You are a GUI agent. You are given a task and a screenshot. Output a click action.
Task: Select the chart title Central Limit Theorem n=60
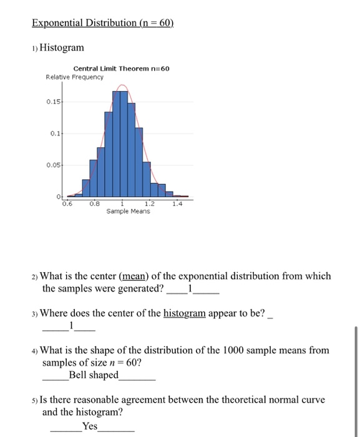pos(121,69)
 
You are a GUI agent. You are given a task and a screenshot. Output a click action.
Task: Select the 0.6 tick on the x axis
pos(67,203)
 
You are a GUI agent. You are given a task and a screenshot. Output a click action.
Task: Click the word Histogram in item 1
pos(62,47)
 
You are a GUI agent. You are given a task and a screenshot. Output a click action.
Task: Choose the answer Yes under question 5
pos(90,425)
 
